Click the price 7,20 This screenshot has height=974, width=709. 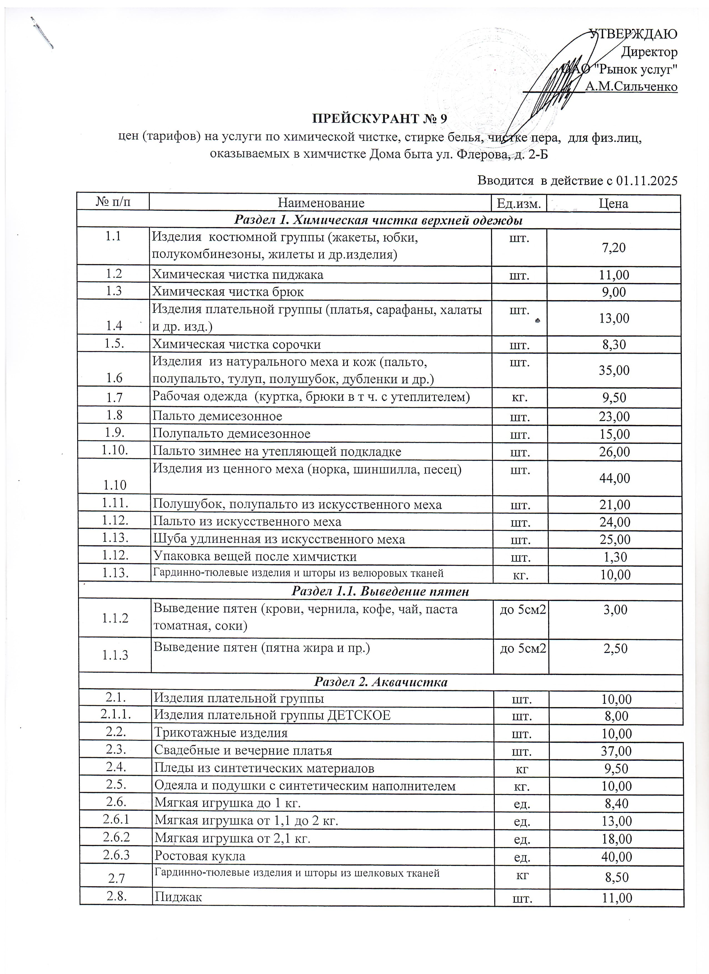pos(614,247)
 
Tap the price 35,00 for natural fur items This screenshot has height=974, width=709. pos(614,370)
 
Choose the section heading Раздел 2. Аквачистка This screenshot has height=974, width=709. pos(381,682)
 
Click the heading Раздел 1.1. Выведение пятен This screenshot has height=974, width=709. pos(380,591)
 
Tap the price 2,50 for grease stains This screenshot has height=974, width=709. pos(615,649)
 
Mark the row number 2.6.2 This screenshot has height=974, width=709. pos(116,837)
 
